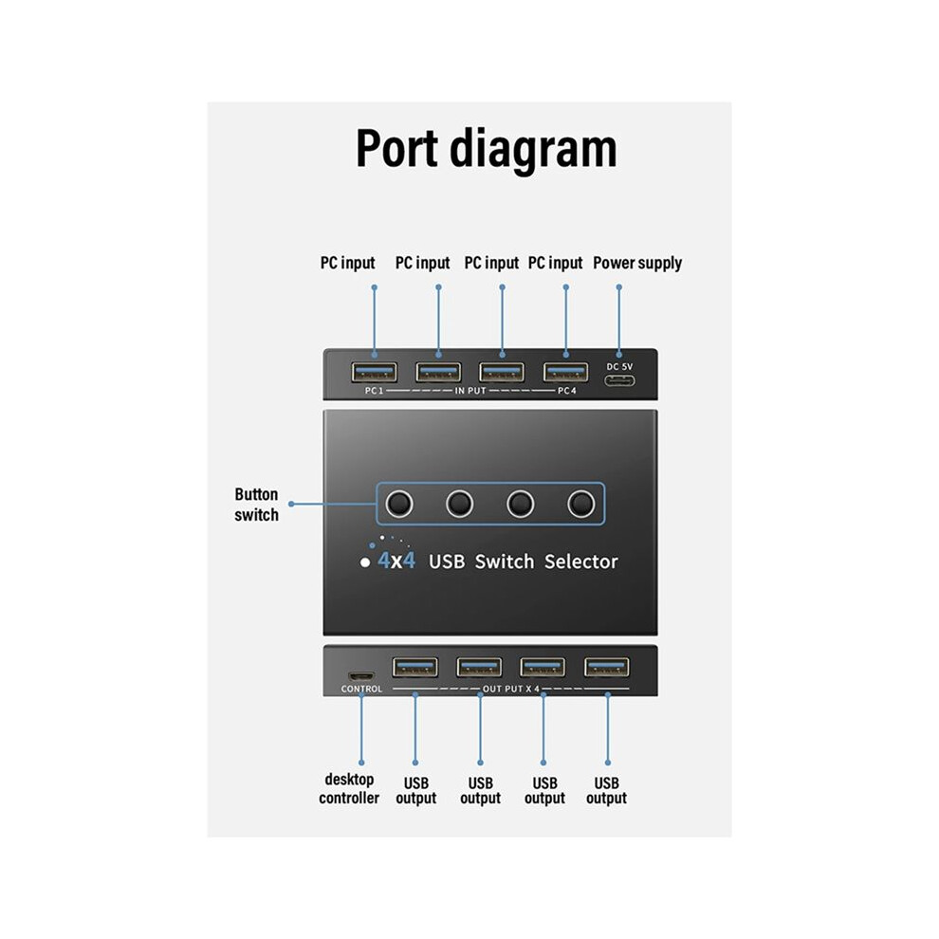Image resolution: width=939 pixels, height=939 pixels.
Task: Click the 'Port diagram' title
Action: tap(486, 149)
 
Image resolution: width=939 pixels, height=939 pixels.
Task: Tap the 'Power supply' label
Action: tap(637, 264)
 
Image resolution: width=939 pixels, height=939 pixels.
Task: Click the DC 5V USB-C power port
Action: tap(619, 381)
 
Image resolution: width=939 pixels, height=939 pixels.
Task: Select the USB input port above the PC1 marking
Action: tap(375, 373)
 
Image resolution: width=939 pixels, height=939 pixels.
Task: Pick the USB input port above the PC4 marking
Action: tap(566, 373)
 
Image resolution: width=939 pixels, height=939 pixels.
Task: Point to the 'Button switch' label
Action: tap(256, 505)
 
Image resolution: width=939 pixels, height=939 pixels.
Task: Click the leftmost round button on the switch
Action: tap(398, 504)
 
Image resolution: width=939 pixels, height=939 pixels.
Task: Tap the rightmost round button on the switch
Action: tap(580, 504)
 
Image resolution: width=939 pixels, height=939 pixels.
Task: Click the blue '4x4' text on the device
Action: tap(396, 562)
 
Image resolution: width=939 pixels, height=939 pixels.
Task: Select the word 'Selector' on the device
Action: tap(580, 562)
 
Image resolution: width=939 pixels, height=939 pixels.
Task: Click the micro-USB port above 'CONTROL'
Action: tap(361, 676)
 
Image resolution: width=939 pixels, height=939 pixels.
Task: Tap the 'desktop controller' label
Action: tap(349, 789)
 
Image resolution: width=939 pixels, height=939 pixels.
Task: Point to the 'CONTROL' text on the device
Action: tap(361, 690)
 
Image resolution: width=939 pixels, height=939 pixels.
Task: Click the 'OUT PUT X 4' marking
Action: tap(511, 690)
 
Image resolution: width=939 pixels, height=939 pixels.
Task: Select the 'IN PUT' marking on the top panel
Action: tap(470, 391)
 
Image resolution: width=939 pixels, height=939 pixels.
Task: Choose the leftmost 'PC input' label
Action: tap(347, 264)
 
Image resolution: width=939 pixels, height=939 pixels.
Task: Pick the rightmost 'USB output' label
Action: tap(607, 790)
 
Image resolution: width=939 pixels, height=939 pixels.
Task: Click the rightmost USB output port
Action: tap(607, 667)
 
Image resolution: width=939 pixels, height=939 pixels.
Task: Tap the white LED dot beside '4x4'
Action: tap(365, 562)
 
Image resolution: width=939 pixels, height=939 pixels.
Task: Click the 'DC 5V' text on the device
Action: tap(619, 366)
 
